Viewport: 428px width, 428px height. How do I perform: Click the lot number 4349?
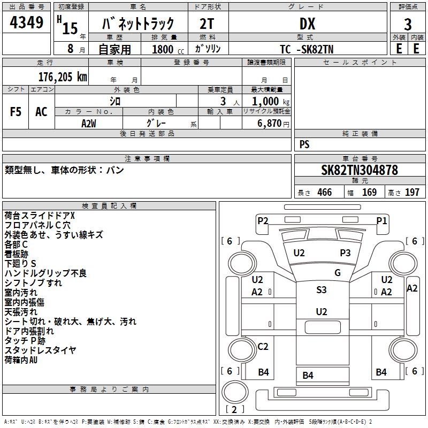point(27,24)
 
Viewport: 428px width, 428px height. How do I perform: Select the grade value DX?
point(307,24)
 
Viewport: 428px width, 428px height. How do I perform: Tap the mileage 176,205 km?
point(63,77)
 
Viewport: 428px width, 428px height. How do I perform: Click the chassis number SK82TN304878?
point(360,171)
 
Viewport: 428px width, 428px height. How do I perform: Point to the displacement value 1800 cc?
point(165,49)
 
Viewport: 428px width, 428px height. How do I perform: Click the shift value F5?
point(16,112)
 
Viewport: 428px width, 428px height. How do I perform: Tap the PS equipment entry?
point(304,144)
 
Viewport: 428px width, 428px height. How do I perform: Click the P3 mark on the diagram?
point(345,253)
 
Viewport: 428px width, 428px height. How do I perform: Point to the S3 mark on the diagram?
point(321,290)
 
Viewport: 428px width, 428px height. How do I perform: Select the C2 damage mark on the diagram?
point(263,347)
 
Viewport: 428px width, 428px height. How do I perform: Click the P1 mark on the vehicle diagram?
point(381,220)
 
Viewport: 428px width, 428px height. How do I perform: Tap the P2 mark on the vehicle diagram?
point(263,220)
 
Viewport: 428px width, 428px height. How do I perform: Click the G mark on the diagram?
point(338,272)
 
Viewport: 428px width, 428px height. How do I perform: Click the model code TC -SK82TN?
point(308,49)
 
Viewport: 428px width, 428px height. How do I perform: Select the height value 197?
point(411,192)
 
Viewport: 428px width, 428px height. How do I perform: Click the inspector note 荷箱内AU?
point(21,360)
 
